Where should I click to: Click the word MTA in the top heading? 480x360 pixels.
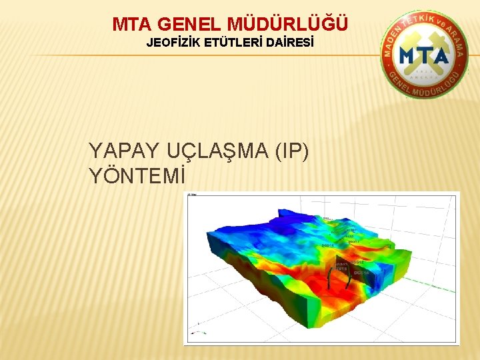(133, 25)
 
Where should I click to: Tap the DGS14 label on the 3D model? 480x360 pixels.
(328, 245)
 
